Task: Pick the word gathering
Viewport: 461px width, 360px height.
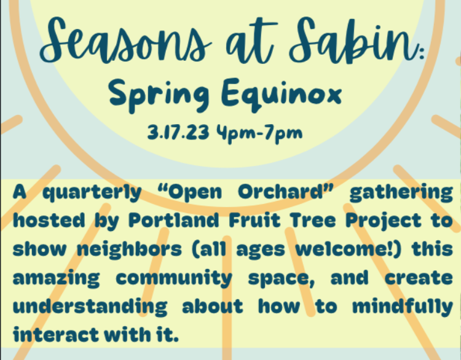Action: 400,193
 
